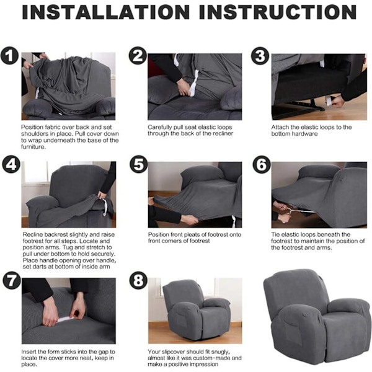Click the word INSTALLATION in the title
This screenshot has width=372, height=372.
click(x=105, y=12)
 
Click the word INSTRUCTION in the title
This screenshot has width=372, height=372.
click(x=278, y=12)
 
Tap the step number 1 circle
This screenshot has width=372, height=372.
click(x=9, y=56)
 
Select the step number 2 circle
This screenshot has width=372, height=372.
click(x=138, y=56)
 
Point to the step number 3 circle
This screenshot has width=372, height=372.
click(x=260, y=56)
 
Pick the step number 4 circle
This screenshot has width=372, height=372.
click(x=11, y=164)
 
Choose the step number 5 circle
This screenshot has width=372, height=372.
click(x=139, y=164)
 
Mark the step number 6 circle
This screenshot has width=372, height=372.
click(x=262, y=164)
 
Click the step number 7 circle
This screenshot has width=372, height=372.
click(x=12, y=280)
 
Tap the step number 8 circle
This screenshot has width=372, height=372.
click(x=138, y=280)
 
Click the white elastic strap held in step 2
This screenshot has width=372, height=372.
click(x=194, y=83)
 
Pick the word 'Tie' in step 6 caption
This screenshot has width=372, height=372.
click(x=276, y=234)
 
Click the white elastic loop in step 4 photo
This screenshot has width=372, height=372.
click(x=104, y=207)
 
